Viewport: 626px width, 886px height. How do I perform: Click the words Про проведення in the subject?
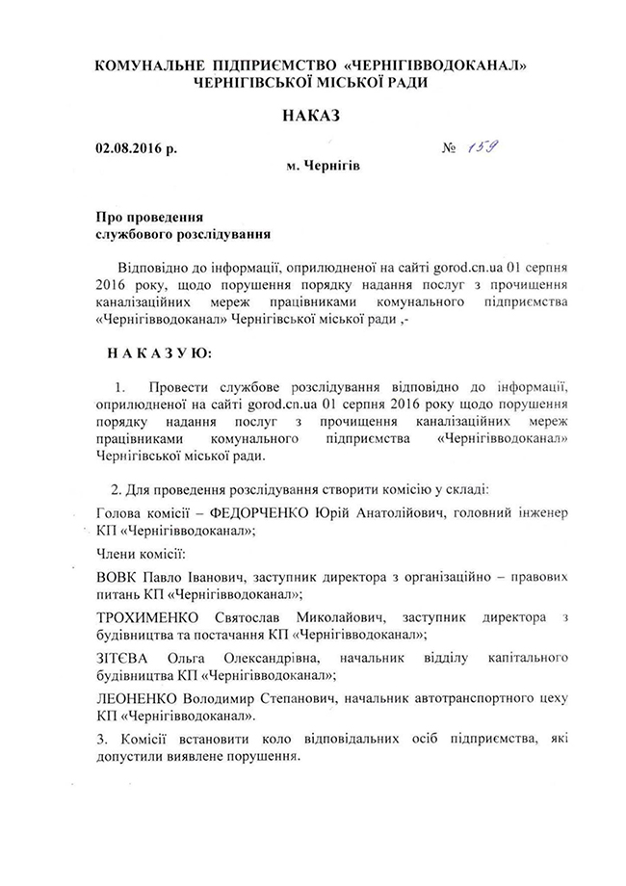pos(149,217)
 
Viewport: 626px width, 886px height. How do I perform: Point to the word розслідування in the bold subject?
pos(223,233)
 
